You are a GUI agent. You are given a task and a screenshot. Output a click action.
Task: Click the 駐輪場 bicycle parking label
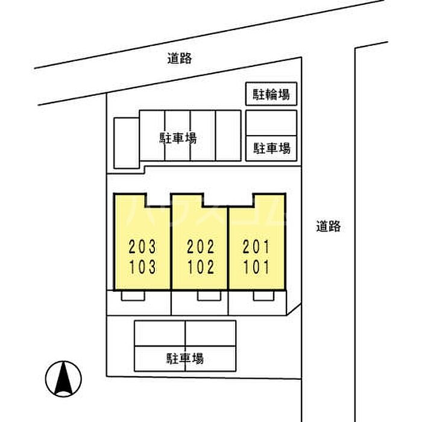coord(271,95)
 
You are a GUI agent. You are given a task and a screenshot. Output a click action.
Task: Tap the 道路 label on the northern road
coord(180,58)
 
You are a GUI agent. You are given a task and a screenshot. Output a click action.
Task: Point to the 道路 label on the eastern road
coord(328,226)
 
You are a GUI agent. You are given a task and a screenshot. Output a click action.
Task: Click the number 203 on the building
coord(142,247)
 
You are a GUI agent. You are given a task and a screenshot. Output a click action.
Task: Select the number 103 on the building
coord(143,267)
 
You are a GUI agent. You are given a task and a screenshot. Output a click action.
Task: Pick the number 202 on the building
coord(201,247)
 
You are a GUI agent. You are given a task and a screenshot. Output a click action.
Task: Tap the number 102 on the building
coord(201,267)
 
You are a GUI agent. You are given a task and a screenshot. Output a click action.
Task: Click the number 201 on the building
coord(256,247)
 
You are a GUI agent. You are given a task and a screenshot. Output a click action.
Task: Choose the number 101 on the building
coord(256,267)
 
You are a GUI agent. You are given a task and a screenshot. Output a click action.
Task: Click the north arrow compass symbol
coord(63,379)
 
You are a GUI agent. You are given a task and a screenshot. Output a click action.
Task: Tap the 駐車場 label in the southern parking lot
coord(185,359)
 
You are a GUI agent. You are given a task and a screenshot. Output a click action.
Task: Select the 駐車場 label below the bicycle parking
coord(272,148)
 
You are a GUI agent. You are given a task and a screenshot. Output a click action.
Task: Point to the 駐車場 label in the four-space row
coord(178,138)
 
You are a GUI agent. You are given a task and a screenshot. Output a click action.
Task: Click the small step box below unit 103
coord(133,295)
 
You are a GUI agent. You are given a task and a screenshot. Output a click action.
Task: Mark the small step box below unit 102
coord(209,295)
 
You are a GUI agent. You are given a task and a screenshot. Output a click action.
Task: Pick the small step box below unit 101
coord(264,295)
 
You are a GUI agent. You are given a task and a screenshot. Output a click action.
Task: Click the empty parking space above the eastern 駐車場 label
coord(271,123)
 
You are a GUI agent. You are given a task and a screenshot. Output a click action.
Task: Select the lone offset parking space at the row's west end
coord(127,143)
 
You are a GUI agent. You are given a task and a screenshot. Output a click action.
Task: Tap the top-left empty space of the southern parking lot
coord(160,333)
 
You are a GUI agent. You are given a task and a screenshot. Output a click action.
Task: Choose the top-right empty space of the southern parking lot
coord(211,333)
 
